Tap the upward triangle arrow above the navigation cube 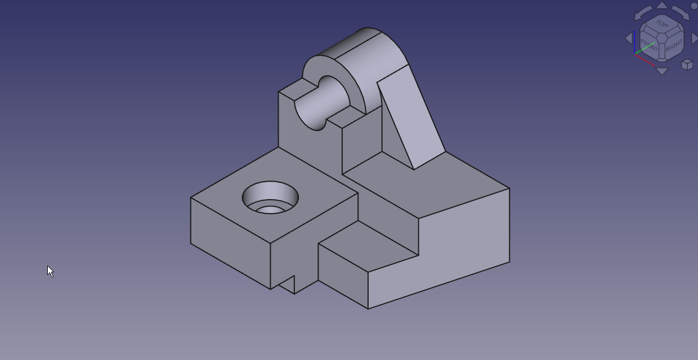coord(662,6)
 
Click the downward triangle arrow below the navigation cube coord(662,71)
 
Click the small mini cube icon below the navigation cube coord(687,65)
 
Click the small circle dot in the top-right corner coord(694,6)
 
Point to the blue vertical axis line coord(635,43)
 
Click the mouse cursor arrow coord(50,271)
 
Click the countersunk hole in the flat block coord(270,199)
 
